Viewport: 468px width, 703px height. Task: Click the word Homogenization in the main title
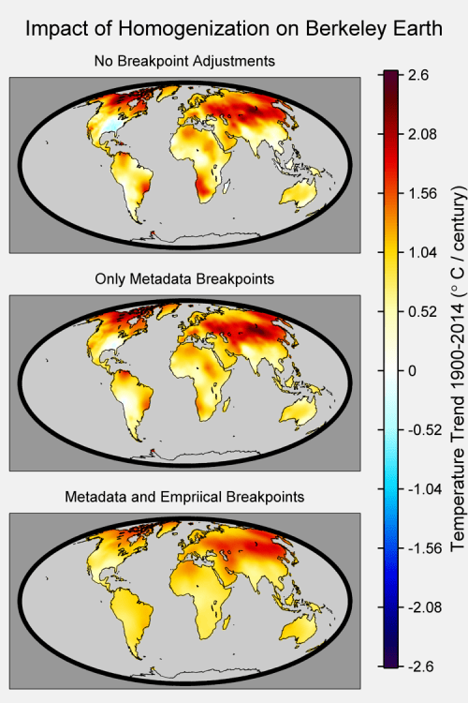(194, 30)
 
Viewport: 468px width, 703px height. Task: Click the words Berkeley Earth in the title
(374, 29)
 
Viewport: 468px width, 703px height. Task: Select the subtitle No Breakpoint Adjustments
(184, 61)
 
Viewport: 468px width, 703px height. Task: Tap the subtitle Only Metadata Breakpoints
(184, 279)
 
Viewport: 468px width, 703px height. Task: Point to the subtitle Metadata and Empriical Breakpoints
(184, 497)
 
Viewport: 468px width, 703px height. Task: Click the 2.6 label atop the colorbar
(418, 75)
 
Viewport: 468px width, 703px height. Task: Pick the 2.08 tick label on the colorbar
(423, 134)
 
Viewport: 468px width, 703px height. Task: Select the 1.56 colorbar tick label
(423, 193)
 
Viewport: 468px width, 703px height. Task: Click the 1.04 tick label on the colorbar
(423, 252)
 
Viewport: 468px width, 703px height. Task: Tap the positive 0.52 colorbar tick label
(423, 311)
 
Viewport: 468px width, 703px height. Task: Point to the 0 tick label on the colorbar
(413, 371)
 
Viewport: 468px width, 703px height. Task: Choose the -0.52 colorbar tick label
(425, 430)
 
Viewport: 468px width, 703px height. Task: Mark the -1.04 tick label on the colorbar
(425, 489)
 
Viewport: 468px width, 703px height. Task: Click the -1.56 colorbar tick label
(425, 548)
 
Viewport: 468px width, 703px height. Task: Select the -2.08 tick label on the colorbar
(425, 607)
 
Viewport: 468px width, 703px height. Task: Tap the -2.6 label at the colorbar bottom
(421, 666)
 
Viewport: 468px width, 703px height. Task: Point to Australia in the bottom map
(299, 631)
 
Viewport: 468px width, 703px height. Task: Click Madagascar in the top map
(227, 186)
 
